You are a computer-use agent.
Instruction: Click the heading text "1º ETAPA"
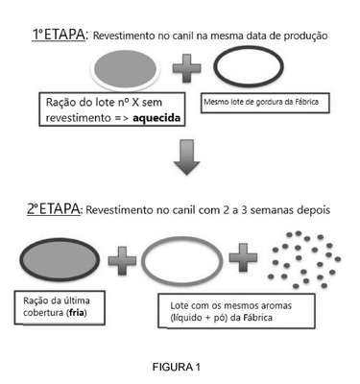tap(60, 35)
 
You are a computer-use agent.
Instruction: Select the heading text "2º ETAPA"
tap(54, 209)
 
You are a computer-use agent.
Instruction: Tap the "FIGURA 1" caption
tap(177, 367)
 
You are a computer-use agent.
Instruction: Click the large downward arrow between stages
tap(187, 157)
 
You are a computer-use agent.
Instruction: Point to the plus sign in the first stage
tap(187, 68)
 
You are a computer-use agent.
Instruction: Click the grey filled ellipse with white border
tap(126, 69)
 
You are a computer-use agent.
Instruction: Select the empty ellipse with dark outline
tap(249, 66)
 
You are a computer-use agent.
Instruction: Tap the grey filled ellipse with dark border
tap(60, 259)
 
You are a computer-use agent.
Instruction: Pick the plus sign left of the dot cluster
tap(243, 257)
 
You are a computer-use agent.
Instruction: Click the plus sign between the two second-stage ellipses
tap(122, 261)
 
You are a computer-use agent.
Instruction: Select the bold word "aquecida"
tap(156, 118)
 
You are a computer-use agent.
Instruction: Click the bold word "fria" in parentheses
tap(77, 312)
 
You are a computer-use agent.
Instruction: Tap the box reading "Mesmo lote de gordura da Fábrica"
tap(265, 103)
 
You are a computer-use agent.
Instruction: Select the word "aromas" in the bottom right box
tap(276, 305)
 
